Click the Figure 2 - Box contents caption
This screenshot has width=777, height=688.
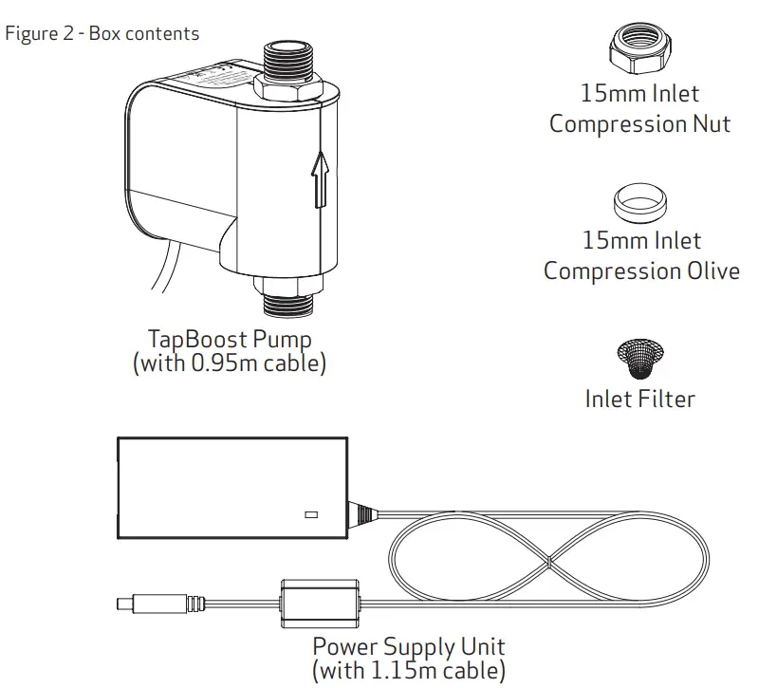(102, 34)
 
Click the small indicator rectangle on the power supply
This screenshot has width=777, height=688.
(310, 515)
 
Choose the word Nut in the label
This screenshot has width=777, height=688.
(712, 124)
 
